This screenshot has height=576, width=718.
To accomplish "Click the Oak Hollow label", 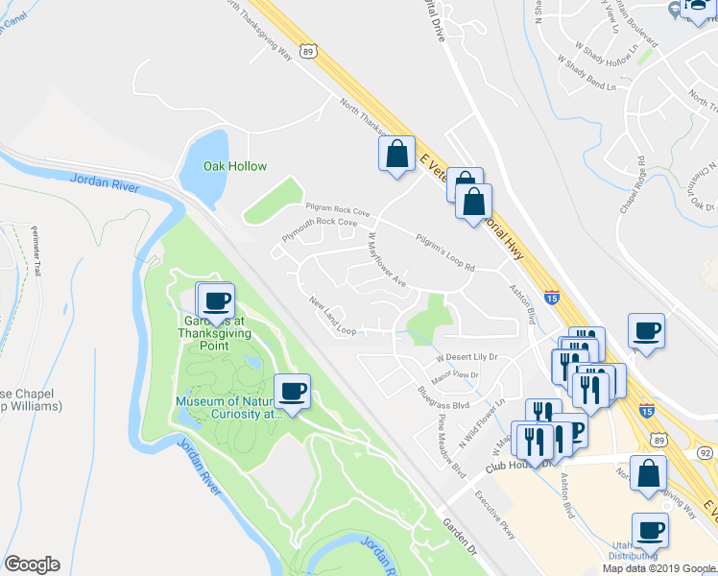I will pyautogui.click(x=234, y=166).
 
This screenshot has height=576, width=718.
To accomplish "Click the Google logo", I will pyautogui.click(x=32, y=564).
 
